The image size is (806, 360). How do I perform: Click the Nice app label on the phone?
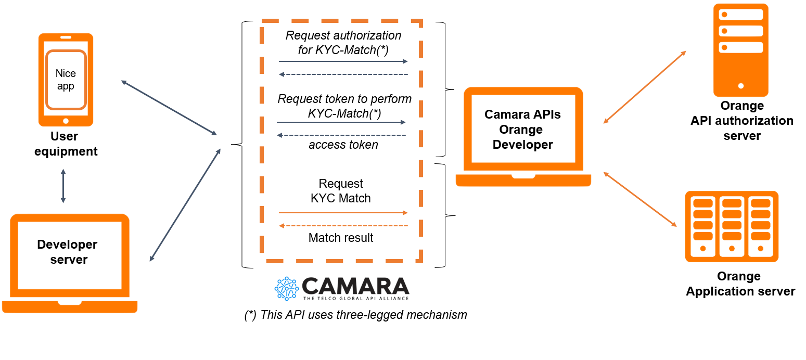tap(66, 80)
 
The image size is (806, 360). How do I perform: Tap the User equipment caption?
tap(67, 144)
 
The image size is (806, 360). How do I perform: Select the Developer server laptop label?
tap(68, 252)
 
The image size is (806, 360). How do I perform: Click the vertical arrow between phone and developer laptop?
tap(63, 186)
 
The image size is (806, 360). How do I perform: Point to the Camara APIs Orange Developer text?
tap(522, 130)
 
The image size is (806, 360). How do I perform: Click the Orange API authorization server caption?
tap(742, 121)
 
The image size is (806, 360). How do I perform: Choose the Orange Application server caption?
tap(740, 284)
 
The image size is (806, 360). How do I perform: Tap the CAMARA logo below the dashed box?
tap(342, 288)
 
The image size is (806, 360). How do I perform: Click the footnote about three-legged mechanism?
tap(355, 315)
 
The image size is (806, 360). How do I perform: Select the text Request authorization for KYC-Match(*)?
tap(343, 43)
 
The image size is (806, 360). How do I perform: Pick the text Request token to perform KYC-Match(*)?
tap(344, 106)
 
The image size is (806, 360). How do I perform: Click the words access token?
tap(343, 145)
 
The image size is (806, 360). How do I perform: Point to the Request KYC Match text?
tap(341, 191)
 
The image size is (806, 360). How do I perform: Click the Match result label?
tap(341, 238)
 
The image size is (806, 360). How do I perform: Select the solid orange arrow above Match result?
tap(343, 213)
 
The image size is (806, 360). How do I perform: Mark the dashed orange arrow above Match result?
tap(343, 226)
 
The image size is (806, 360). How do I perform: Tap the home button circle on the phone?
tap(66, 121)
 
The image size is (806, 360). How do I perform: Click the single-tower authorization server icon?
tap(741, 50)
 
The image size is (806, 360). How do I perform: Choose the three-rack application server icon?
tap(732, 226)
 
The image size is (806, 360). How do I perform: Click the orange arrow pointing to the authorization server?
tap(645, 87)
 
